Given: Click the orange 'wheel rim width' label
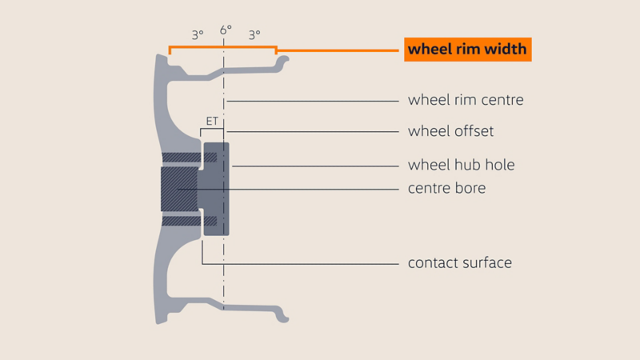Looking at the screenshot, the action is coord(468,50).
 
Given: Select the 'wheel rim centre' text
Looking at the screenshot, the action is coord(466,100).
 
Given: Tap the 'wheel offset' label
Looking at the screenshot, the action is coord(450,131).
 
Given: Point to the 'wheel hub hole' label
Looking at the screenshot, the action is coord(462,165).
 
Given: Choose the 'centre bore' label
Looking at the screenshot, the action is coord(447,188).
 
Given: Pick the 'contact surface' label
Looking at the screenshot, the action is coord(459,263).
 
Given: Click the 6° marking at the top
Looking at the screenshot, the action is coord(226,30).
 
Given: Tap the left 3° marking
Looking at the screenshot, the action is coord(198,35).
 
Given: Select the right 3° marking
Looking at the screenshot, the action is coord(254,35).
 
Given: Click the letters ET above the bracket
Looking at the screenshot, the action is coord(212,122).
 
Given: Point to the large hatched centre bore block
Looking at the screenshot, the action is coord(179,189).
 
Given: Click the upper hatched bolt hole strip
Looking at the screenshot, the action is coord(190,157).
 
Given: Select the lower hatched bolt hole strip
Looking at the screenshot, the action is coord(190,221).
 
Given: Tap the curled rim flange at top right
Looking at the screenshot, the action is coord(282,62).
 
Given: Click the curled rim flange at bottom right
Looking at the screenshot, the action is coord(282,314).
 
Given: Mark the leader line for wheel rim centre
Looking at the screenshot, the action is coord(313,101).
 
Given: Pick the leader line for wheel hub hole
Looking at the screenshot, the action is coord(315,166).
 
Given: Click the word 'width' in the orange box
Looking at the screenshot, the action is coord(506,49).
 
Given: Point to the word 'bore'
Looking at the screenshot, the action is coord(470,188).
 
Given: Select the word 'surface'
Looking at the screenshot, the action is coord(487,263).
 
